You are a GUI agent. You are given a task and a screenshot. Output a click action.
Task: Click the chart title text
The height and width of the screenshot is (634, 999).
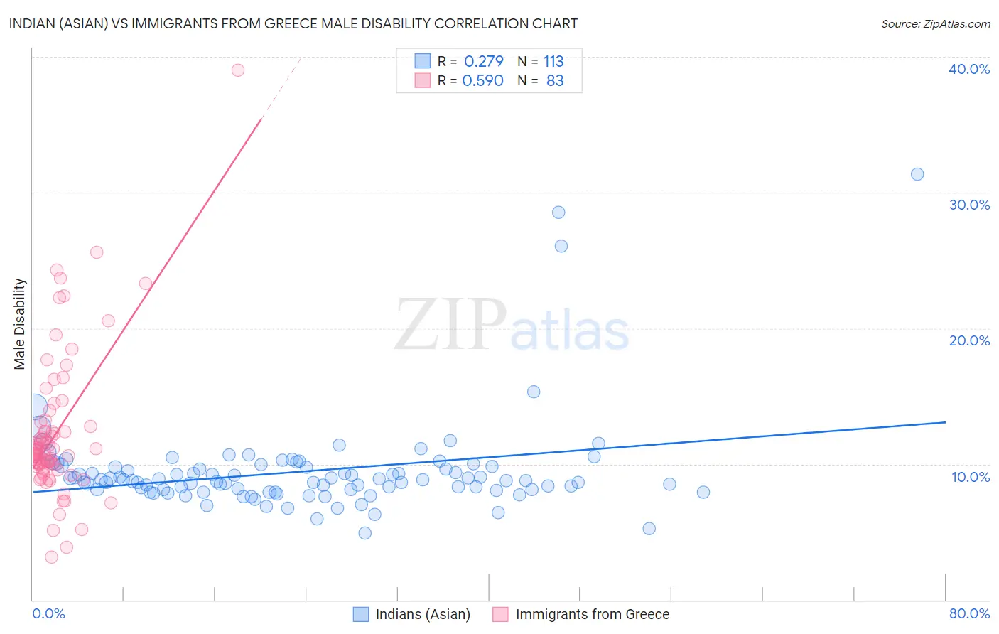[293, 23]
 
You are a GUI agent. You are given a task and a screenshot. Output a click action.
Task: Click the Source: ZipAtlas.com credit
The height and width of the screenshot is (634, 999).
[935, 23]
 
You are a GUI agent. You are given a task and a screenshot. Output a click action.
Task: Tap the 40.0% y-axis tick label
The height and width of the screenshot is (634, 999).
[969, 69]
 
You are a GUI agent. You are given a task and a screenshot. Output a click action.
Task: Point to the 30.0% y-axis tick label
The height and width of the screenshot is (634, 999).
[969, 205]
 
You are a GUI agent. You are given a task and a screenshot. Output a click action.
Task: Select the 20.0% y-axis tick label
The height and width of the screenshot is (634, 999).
[969, 340]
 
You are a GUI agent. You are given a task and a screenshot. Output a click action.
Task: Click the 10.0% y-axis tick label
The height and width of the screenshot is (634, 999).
[971, 477]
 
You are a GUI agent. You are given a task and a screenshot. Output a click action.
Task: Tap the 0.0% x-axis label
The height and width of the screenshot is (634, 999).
[48, 613]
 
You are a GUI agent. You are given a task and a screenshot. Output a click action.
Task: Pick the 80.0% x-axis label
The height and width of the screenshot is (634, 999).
[969, 613]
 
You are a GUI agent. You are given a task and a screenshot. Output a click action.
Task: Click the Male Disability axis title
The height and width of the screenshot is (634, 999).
[19, 324]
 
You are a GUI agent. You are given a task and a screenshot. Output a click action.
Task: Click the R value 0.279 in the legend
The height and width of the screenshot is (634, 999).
[483, 61]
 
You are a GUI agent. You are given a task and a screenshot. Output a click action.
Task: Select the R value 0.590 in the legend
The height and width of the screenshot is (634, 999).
[482, 81]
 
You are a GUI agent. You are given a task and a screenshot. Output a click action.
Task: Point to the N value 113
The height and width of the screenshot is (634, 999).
[553, 61]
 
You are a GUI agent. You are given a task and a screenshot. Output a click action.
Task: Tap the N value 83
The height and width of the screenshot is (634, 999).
[555, 81]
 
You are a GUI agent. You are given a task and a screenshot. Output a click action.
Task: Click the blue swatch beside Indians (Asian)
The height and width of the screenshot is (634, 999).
[361, 614]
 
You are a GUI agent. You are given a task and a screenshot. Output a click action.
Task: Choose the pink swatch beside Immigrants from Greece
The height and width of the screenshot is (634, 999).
[501, 614]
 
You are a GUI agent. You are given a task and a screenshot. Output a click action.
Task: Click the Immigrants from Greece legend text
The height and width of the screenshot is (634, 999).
[593, 614]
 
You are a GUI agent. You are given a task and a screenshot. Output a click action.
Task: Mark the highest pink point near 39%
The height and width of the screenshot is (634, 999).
[238, 70]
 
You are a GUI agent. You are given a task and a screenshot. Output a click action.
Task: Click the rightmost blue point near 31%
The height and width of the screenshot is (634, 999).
[917, 174]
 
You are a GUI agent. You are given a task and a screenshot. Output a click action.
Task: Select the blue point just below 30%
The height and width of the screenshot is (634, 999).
[558, 213]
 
